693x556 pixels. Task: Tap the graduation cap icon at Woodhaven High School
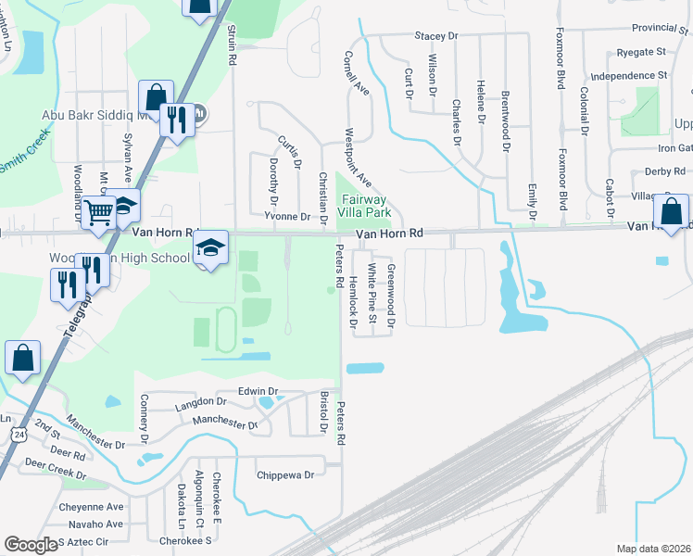[210, 247]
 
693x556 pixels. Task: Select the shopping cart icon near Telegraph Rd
[97, 211]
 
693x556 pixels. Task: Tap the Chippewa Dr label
[285, 474]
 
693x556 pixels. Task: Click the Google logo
[31, 545]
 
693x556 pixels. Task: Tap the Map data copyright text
[654, 549]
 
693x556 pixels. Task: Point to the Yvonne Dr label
[287, 217]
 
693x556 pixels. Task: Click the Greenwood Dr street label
[391, 296]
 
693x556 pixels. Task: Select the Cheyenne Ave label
[91, 507]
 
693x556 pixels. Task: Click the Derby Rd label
[664, 171]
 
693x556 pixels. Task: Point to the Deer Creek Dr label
[55, 474]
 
